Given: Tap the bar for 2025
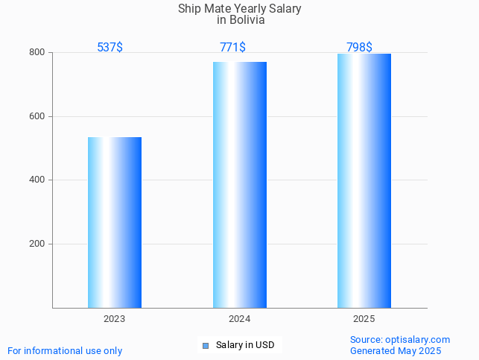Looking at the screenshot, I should [364, 180].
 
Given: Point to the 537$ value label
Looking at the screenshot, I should [110, 48].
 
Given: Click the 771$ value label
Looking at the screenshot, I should [232, 48].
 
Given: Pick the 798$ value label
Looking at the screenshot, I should [359, 48].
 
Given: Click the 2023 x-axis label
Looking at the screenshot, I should [115, 319].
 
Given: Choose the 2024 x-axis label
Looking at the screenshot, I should [239, 319].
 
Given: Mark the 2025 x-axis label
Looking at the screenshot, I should [364, 319].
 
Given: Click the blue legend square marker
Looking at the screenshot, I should [206, 345].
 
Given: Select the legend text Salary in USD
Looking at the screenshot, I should [245, 345].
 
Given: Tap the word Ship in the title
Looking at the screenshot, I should [189, 9].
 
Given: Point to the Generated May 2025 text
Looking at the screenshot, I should [396, 351].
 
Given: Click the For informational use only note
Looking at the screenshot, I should [65, 351].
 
